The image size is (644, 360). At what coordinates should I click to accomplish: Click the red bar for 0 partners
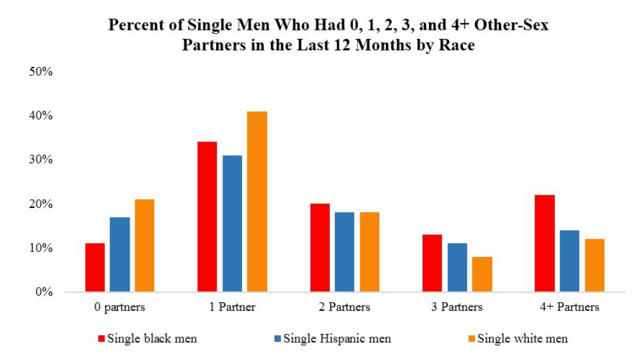click(95, 268)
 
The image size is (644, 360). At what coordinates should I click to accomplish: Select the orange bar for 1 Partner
click(257, 202)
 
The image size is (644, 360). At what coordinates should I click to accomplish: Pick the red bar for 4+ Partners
click(545, 244)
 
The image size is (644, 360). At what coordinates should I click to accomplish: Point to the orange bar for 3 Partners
click(483, 274)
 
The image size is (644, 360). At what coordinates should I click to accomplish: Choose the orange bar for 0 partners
click(144, 246)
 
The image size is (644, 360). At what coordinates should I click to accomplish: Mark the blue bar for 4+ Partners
click(570, 261)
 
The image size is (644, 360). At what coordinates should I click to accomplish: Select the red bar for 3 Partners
click(432, 263)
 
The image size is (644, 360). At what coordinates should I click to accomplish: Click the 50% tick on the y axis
click(40, 71)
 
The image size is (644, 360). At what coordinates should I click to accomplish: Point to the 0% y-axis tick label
click(43, 293)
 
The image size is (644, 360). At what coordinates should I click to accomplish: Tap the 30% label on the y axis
click(40, 160)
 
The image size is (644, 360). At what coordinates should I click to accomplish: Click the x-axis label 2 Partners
click(345, 307)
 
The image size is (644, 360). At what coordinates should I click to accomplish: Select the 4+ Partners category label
click(570, 307)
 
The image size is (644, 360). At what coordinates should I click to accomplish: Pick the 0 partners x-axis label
click(119, 307)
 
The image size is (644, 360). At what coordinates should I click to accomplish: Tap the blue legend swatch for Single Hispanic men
click(277, 338)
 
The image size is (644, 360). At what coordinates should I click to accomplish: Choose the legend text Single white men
click(522, 338)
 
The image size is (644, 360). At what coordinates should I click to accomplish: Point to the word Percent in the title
click(135, 25)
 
